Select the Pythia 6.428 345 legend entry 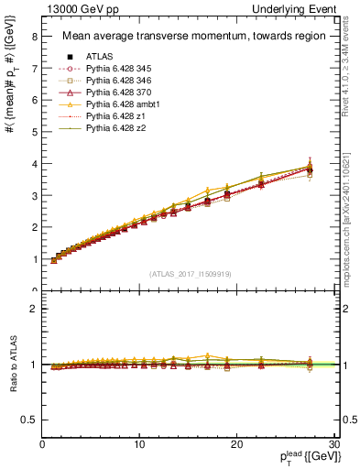tap(120, 67)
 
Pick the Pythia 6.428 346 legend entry tap(120, 80)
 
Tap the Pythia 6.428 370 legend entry tap(120, 92)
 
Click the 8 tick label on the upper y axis tap(34, 37)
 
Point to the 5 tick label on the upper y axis tap(34, 132)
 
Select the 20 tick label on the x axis tap(236, 445)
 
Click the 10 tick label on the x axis tap(139, 445)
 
